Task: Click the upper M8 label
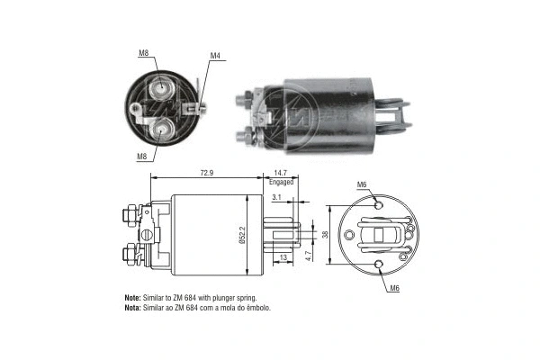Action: (143, 53)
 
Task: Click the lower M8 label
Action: (143, 157)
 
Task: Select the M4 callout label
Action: (215, 56)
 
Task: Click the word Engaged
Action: (282, 182)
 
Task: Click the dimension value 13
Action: (284, 258)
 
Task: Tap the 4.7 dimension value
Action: (308, 256)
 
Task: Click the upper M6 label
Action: (361, 184)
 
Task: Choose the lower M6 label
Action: (395, 288)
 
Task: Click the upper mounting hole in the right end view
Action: (378, 206)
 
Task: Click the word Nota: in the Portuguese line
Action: (131, 308)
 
